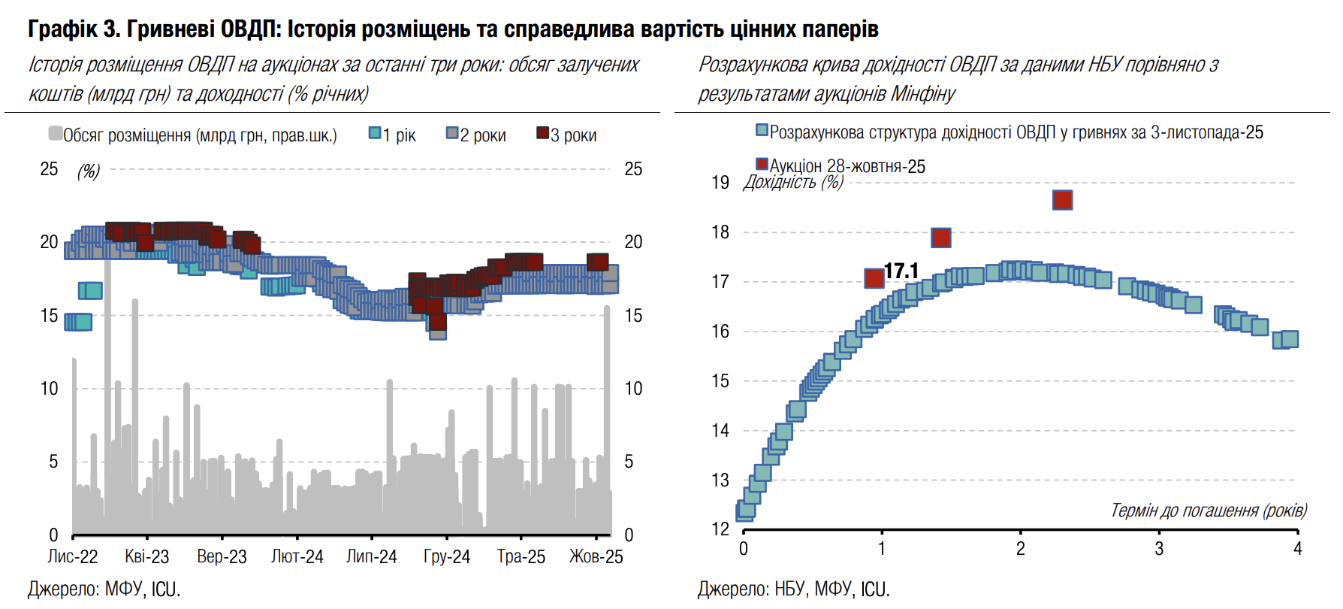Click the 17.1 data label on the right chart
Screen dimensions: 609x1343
pos(901,271)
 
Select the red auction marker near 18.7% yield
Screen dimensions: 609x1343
pos(1062,200)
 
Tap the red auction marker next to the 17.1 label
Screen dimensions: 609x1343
pos(874,278)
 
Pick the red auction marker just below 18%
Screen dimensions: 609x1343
pos(940,238)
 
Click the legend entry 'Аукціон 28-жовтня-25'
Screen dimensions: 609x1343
pos(841,166)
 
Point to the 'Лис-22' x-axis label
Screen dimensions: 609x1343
pos(73,557)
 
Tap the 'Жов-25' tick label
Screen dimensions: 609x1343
pos(596,557)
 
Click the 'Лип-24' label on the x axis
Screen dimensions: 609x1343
pos(372,557)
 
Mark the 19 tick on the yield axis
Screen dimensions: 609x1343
pos(720,183)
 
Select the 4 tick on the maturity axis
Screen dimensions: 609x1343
pos(1297,549)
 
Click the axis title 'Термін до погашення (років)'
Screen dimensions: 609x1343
pos(1209,511)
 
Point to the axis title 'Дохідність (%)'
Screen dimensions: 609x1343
pos(793,182)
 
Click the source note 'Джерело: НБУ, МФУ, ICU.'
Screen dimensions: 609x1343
pos(793,589)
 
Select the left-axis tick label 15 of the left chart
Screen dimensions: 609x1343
pos(49,316)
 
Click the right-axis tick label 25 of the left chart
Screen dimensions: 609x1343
pos(633,169)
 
